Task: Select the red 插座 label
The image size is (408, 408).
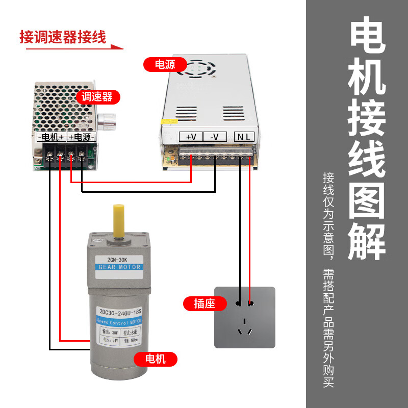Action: point(204,303)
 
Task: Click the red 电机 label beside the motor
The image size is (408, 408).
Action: point(156,359)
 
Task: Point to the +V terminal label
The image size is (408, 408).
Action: point(191,137)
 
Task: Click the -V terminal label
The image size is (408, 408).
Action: point(215,137)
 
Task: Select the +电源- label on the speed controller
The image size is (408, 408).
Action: point(81,137)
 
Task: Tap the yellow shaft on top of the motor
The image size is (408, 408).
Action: point(119,220)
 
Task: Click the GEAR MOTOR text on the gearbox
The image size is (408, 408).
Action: point(119,267)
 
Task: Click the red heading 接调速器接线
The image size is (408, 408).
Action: point(62,37)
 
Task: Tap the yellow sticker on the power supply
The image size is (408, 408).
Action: point(166,122)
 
